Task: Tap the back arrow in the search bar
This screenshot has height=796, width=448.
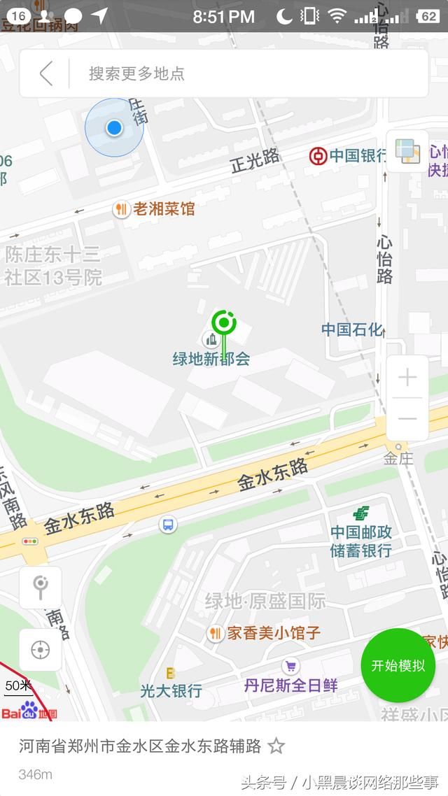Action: (46, 73)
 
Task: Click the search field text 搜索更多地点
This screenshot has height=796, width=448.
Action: (136, 73)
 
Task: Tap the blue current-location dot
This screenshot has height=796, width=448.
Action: (114, 127)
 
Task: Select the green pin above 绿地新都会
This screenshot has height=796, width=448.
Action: (224, 323)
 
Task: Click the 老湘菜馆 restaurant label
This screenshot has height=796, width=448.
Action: (164, 208)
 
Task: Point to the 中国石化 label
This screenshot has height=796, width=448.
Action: (352, 329)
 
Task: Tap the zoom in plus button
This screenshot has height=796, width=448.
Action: (407, 378)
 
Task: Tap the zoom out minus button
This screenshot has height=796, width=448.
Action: (407, 419)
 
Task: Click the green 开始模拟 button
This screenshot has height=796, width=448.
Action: (398, 665)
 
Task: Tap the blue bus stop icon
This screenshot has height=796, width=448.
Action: (168, 525)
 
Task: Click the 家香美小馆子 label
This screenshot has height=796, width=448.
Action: (273, 633)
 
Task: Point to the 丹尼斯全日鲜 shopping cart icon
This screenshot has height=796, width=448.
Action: (290, 667)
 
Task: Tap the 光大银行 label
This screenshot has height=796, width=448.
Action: (171, 690)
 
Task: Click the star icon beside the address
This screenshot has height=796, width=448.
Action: (276, 746)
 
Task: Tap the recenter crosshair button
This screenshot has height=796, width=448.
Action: (41, 650)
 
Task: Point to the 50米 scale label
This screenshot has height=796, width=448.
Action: (19, 685)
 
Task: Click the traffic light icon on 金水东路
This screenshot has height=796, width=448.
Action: (30, 541)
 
